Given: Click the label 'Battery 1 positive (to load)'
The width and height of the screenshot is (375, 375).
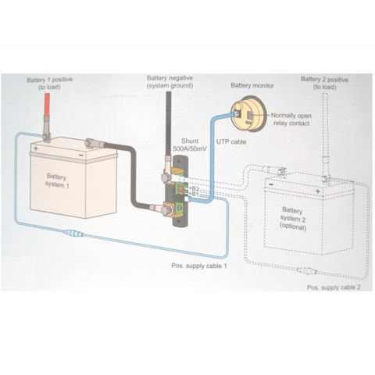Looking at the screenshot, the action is pyautogui.click(x=49, y=84).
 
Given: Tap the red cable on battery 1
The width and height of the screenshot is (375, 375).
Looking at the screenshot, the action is pyautogui.click(x=48, y=105).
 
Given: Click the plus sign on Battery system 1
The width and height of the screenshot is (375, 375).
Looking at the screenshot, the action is pyautogui.click(x=36, y=148).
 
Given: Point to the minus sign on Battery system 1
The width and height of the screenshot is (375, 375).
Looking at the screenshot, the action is pyautogui.click(x=81, y=155).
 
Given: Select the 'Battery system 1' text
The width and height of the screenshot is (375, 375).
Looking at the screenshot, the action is pyautogui.click(x=57, y=180).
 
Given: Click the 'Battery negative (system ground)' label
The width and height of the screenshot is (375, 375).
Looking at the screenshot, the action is pyautogui.click(x=170, y=81).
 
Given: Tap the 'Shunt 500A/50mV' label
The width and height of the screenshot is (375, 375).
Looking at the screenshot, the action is pyautogui.click(x=190, y=145).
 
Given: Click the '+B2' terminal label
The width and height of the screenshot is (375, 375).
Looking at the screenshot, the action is pyautogui.click(x=194, y=188).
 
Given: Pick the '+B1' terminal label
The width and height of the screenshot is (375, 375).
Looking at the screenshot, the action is pyautogui.click(x=194, y=194).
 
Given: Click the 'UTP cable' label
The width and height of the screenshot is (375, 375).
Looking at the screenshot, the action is pyautogui.click(x=231, y=142).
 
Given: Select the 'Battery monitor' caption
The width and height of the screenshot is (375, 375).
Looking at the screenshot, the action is pyautogui.click(x=252, y=85).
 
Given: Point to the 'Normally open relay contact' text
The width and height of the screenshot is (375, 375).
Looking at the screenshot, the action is pyautogui.click(x=291, y=120).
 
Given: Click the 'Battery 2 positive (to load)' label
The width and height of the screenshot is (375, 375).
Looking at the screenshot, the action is pyautogui.click(x=324, y=83).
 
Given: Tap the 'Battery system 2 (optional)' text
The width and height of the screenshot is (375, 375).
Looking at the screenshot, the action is pyautogui.click(x=293, y=219).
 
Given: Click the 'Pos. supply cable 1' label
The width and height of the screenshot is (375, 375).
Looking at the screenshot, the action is pyautogui.click(x=199, y=266).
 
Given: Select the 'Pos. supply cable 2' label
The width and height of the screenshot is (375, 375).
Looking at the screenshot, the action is pyautogui.click(x=334, y=287).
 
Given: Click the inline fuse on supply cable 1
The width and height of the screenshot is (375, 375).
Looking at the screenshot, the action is pyautogui.click(x=73, y=233).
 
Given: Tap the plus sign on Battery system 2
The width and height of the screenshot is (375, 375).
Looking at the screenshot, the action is pyautogui.click(x=318, y=191).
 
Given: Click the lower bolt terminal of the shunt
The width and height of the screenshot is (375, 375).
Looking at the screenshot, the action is pyautogui.click(x=166, y=210).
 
